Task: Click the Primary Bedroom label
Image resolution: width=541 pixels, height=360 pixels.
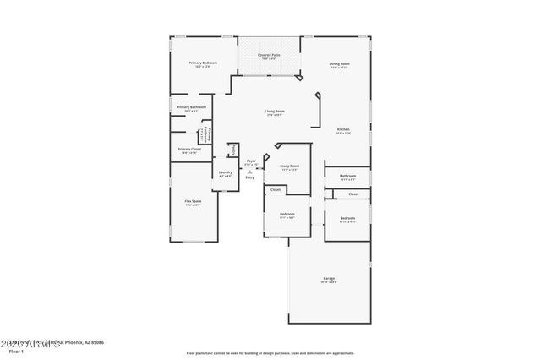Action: (x=203, y=63)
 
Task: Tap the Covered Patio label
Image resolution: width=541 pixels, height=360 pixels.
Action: (x=270, y=55)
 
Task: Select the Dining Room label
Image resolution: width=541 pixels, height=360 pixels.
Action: (x=340, y=63)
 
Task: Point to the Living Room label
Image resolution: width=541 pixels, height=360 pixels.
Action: (x=274, y=112)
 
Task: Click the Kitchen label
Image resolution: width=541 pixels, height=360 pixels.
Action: (x=343, y=129)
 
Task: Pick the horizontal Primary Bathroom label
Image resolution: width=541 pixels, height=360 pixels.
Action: (x=191, y=107)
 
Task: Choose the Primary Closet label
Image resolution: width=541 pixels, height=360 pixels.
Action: (x=189, y=150)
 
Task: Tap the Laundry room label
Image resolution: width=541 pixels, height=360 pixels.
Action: (x=225, y=172)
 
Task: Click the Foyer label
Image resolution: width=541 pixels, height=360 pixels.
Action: (x=251, y=161)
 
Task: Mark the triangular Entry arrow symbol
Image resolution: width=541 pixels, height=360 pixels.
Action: (x=250, y=170)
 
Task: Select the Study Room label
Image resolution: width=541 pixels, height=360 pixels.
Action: (x=290, y=166)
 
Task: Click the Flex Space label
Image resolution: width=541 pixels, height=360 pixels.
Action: (x=193, y=201)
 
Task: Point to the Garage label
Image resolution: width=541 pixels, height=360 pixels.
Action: (x=329, y=278)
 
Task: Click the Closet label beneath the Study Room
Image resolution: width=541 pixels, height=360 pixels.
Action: (x=276, y=190)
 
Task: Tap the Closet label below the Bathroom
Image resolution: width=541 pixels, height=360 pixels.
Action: (x=353, y=194)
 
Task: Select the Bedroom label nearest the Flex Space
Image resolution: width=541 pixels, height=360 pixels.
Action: (x=287, y=214)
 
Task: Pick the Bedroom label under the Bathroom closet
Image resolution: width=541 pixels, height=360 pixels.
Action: (x=347, y=218)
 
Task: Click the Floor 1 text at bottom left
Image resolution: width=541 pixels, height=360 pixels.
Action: (x=15, y=351)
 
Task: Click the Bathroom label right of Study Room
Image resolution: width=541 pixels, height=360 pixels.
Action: (x=347, y=176)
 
